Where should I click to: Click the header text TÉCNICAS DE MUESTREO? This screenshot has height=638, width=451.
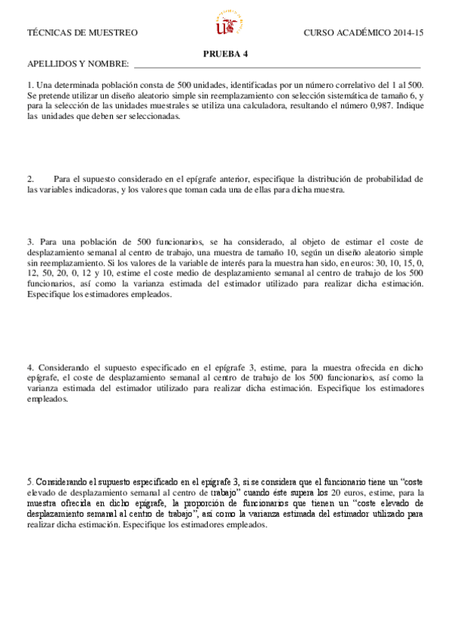pyautogui.click(x=82, y=33)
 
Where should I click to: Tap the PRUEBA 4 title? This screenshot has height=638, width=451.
pyautogui.click(x=226, y=53)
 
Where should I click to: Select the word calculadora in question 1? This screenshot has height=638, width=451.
pyautogui.click(x=263, y=106)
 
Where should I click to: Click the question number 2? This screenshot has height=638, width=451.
pyautogui.click(x=30, y=179)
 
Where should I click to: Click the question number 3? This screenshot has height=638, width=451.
pyautogui.click(x=30, y=242)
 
